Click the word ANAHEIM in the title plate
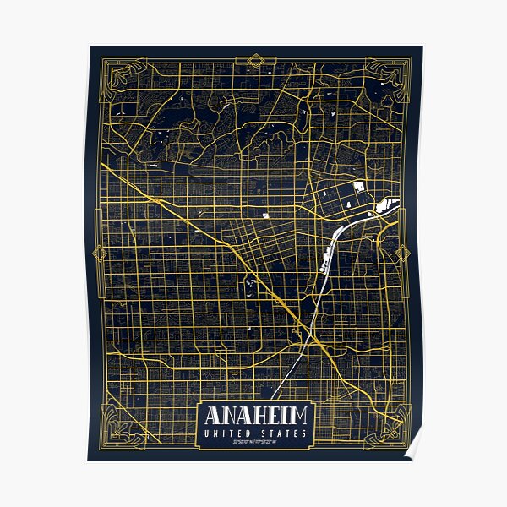coord(254,416)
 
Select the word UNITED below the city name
coord(228,434)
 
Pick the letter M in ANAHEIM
coord(300,416)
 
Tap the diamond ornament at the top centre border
coord(254,60)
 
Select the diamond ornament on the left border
coord(98,253)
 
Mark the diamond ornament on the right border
coord(403,253)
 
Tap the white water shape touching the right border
coord(390,204)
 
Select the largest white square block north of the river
coord(358,186)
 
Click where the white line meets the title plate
coord(272,400)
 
